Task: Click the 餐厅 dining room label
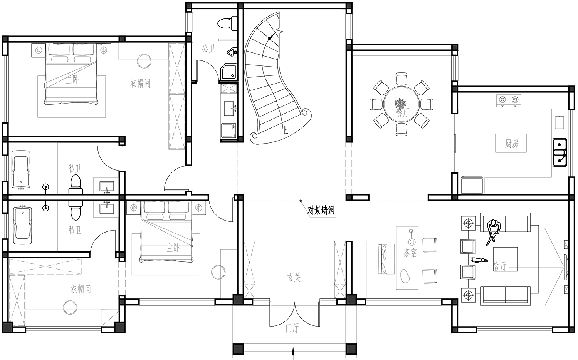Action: pos(402,113)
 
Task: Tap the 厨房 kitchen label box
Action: pos(511,143)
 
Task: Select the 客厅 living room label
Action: pos(500,266)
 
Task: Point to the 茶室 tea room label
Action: pos(410,253)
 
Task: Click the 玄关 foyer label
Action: pos(294,278)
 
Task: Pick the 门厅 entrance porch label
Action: pos(292,328)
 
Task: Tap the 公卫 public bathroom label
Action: pos(208,49)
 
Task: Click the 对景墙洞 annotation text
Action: pos(321,211)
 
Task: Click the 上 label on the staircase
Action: pos(285,130)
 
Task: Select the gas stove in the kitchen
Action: pos(509,100)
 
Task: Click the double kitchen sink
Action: pos(560,152)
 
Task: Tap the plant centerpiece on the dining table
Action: pos(400,104)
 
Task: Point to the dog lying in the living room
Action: pos(479,260)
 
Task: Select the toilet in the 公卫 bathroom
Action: pos(227,23)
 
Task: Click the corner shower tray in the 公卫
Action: pos(229,72)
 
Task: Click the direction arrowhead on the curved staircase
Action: pos(271,37)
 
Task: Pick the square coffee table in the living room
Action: pos(505,259)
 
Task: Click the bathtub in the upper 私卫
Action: pos(21,169)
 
